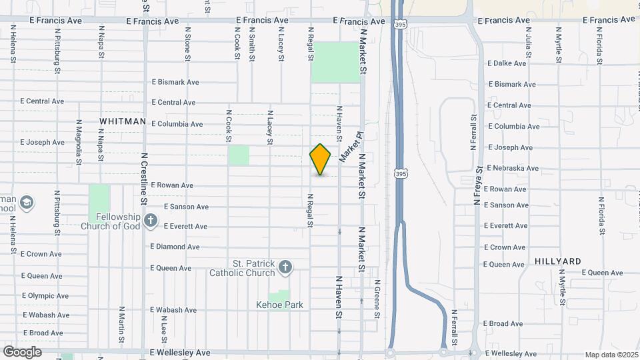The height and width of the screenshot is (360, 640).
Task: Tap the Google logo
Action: pos(22,351)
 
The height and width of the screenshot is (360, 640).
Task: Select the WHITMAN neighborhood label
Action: pos(123,121)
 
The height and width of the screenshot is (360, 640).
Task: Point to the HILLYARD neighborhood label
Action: pos(558,261)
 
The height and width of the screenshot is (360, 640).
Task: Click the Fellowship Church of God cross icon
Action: pos(151,220)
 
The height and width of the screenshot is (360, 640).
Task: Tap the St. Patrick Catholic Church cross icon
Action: pos(285,267)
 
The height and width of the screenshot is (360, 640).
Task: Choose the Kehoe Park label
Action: pos(280,305)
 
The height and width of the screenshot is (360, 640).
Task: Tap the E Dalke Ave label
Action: pos(507,63)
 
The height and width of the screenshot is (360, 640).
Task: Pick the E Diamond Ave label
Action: pos(175,247)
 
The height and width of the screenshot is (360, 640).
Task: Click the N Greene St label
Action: pos(376,298)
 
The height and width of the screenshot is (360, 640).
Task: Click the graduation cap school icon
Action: pos(27,203)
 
